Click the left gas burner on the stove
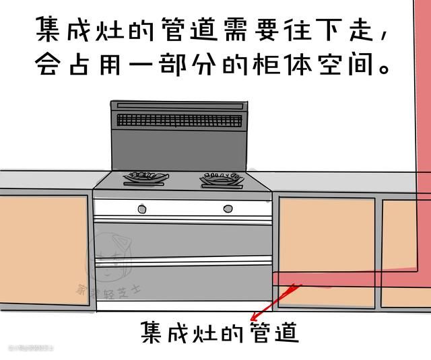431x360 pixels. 145,178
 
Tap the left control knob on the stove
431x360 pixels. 142,209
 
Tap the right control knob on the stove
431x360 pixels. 228,209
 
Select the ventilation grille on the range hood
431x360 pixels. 178,120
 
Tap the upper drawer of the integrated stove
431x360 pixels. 182,239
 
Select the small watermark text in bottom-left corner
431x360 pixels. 30,348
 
